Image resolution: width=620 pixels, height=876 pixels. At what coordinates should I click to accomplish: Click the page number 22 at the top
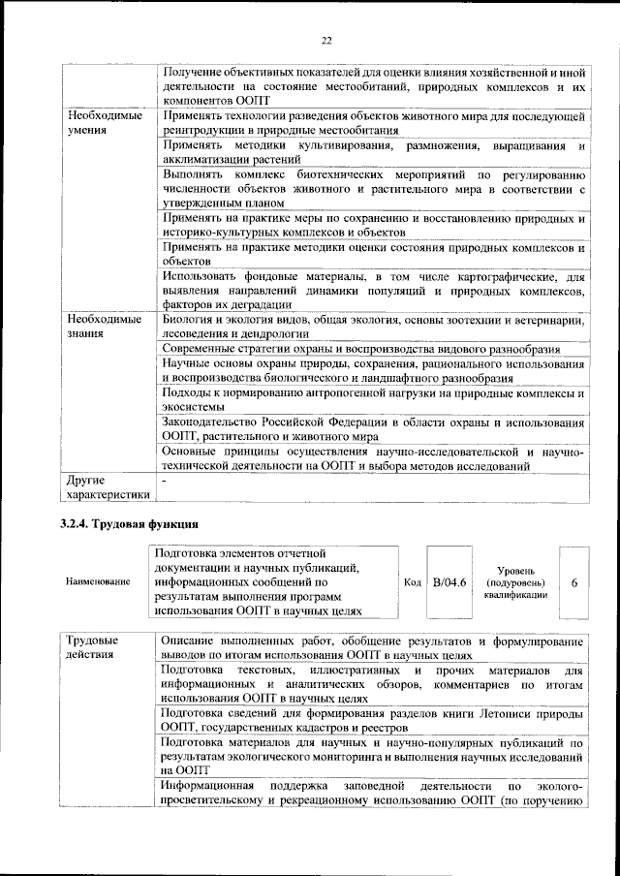click(326, 40)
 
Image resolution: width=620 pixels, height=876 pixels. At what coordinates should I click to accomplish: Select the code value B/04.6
click(449, 581)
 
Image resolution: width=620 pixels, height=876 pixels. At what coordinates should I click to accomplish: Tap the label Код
click(412, 581)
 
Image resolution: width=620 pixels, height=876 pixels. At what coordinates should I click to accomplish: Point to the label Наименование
click(98, 581)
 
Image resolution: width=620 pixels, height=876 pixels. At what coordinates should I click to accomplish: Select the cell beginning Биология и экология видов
click(373, 326)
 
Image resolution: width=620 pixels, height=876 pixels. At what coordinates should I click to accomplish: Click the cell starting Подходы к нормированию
click(373, 401)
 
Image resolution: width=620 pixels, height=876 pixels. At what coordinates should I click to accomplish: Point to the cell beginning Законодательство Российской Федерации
click(373, 430)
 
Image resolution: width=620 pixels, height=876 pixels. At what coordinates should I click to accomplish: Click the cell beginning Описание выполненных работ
click(373, 647)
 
